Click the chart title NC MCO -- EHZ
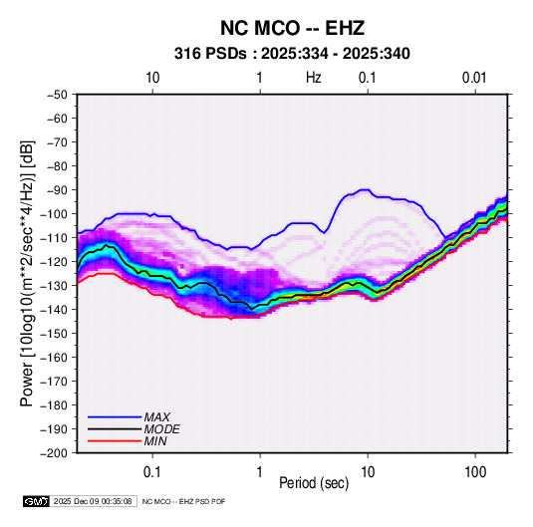pyautogui.click(x=292, y=28)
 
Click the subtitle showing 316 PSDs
pyautogui.click(x=292, y=54)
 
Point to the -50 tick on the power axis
pyautogui.click(x=57, y=95)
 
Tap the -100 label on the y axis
pyautogui.click(x=54, y=214)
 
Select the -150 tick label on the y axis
pyautogui.click(x=54, y=334)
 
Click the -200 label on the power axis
pyautogui.click(x=54, y=453)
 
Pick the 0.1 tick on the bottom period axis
pyautogui.click(x=152, y=472)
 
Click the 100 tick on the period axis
pyautogui.click(x=475, y=472)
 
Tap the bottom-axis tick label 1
pyautogui.click(x=260, y=472)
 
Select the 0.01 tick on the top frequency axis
pyautogui.click(x=474, y=78)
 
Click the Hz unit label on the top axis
pyautogui.click(x=314, y=78)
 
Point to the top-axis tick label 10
pyautogui.click(x=152, y=78)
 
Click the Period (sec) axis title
pyautogui.click(x=314, y=483)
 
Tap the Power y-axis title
pyautogui.click(x=27, y=273)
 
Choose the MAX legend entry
pyautogui.click(x=157, y=417)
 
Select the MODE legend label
pyautogui.click(x=161, y=429)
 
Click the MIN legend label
pyautogui.click(x=155, y=441)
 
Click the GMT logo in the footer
pyautogui.click(x=37, y=501)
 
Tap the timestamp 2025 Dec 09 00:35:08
pyautogui.click(x=93, y=501)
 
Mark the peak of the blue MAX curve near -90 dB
pyautogui.click(x=365, y=189)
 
